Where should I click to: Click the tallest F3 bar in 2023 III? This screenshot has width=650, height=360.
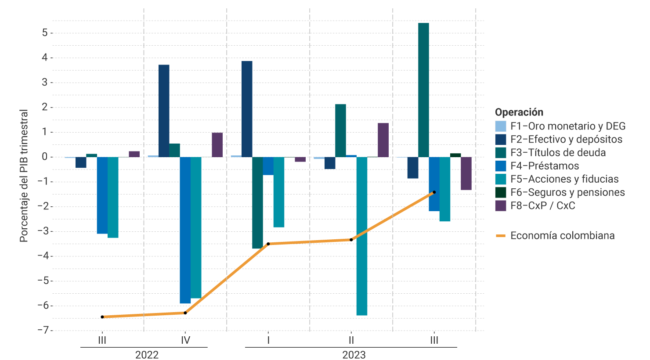423,90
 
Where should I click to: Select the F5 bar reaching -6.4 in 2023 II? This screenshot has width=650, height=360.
362,236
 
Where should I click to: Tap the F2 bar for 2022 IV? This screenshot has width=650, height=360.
164,111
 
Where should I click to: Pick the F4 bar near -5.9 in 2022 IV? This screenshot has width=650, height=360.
185,230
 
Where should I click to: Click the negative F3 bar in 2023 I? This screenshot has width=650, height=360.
257,203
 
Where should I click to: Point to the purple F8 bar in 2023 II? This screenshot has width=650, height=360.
383,140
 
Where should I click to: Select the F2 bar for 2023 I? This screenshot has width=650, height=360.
247,109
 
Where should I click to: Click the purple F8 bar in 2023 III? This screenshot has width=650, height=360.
466,173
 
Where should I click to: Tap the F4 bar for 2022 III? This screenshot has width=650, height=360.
102,195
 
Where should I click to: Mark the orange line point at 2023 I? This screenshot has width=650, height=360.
268,244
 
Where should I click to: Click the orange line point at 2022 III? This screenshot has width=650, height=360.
102,317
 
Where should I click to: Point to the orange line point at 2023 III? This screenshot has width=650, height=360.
434,192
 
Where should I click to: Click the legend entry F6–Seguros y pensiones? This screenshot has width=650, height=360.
567,192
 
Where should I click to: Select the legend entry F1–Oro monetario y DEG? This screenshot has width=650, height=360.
567,126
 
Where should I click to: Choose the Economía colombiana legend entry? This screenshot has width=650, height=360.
562,236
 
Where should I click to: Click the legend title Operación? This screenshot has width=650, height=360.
519,112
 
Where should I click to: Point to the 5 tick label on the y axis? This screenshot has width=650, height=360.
45,33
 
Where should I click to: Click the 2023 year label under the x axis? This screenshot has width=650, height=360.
354,355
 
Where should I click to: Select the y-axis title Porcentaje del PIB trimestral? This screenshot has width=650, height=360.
24,176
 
